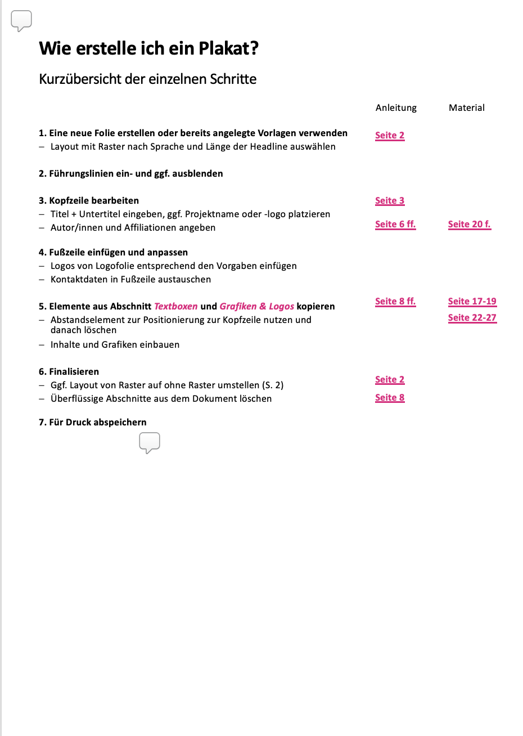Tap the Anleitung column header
click(396, 107)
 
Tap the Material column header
click(466, 107)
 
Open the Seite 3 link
click(390, 201)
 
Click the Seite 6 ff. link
click(395, 225)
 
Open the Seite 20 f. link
click(469, 225)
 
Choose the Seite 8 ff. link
click(395, 302)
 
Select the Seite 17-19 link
click(472, 302)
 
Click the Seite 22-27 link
click(472, 318)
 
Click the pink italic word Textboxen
click(176, 307)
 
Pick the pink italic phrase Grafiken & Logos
click(256, 307)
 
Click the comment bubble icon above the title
click(21, 21)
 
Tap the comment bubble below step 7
click(150, 442)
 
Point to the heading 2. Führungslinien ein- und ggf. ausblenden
click(131, 174)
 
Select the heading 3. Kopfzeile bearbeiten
click(89, 201)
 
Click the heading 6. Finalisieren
click(69, 372)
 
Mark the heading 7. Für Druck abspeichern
click(93, 423)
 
